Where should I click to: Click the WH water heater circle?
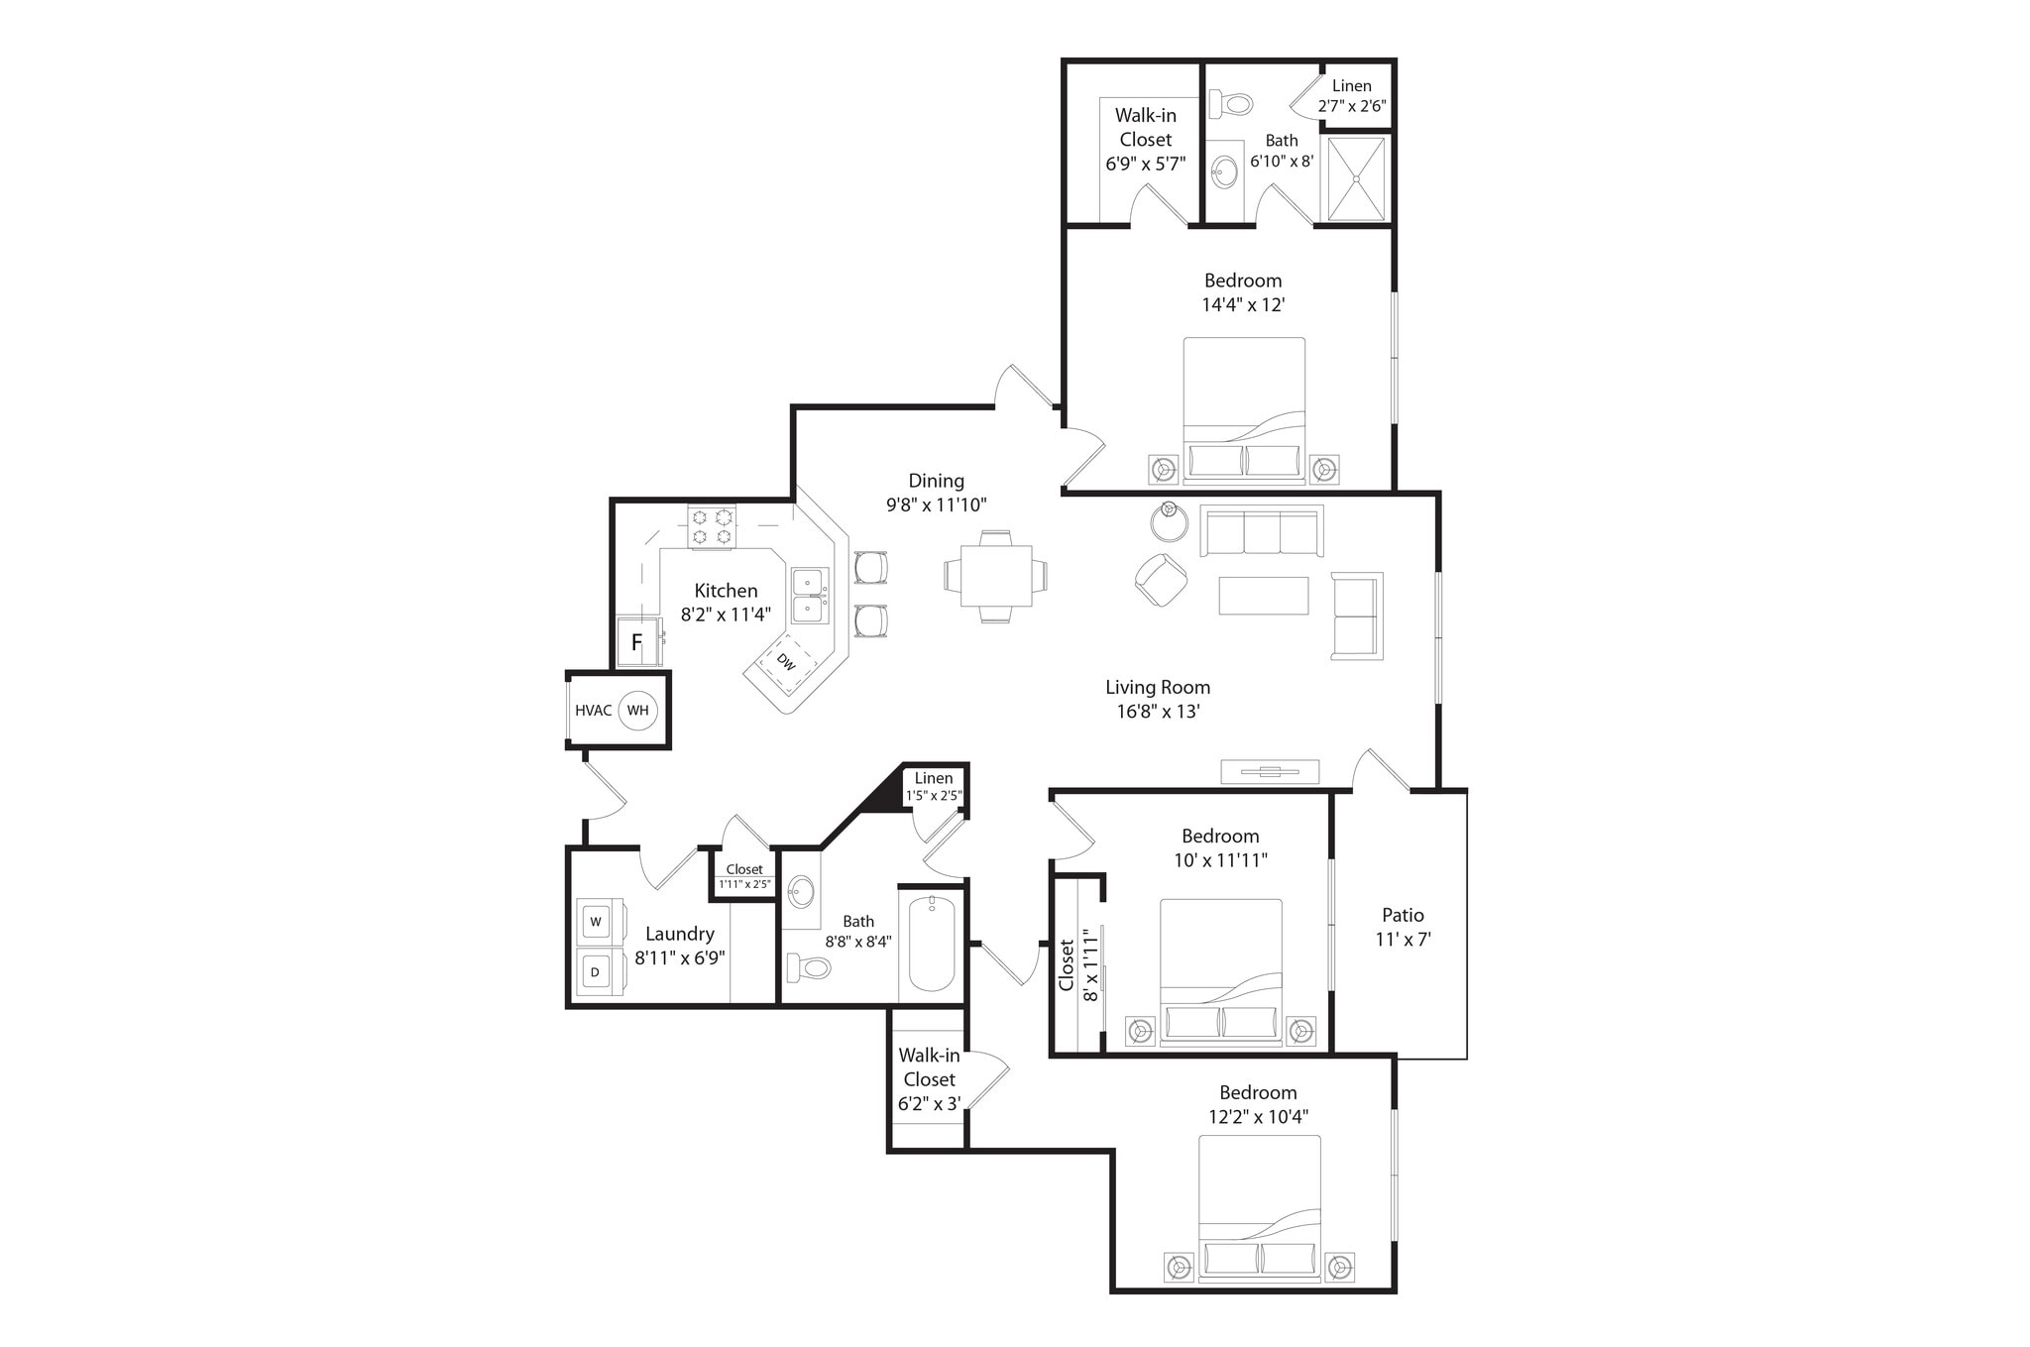[637, 710]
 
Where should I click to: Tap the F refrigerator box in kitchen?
[637, 642]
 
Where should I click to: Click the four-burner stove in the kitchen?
[713, 526]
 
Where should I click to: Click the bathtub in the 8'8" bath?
[931, 943]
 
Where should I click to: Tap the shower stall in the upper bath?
[1355, 179]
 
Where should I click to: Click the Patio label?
[1403, 915]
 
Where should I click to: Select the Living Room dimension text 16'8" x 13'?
[1158, 711]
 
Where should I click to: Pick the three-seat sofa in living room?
[1261, 532]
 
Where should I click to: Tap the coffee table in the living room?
[1263, 596]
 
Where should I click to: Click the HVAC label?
[593, 711]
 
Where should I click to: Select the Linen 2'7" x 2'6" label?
[1351, 96]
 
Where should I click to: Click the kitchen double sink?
[810, 596]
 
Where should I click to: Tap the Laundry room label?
[679, 934]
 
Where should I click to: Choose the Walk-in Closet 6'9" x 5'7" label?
[1145, 140]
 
